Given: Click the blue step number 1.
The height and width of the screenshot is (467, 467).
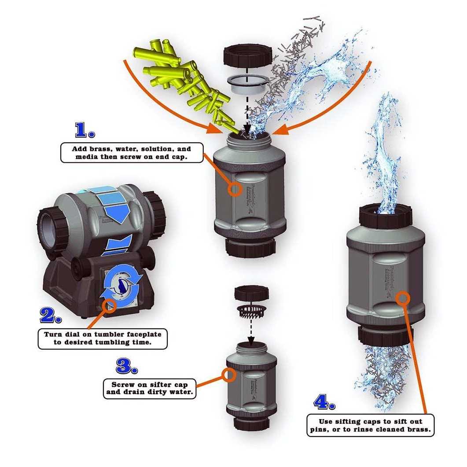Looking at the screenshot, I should tap(85, 130).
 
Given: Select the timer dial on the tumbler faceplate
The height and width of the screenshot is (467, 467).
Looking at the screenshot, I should tap(120, 287).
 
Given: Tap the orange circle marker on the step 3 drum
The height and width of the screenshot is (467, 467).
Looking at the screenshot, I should tap(228, 375).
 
